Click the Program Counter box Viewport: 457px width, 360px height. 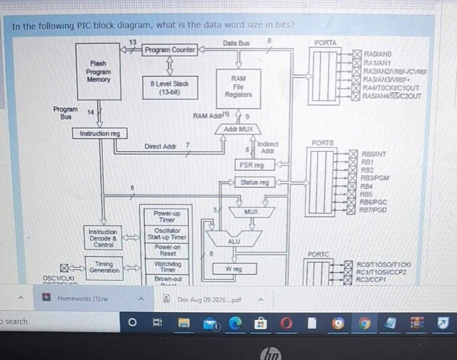(x=169, y=50)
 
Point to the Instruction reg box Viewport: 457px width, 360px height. (x=99, y=134)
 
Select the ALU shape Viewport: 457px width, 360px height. (x=233, y=241)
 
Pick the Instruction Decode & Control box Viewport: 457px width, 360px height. (x=103, y=238)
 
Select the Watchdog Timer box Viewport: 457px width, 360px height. (x=163, y=266)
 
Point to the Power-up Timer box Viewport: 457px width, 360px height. (x=163, y=216)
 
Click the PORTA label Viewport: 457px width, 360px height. (x=325, y=43)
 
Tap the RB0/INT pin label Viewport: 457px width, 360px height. (x=374, y=155)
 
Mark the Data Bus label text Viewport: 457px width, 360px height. (x=236, y=43)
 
